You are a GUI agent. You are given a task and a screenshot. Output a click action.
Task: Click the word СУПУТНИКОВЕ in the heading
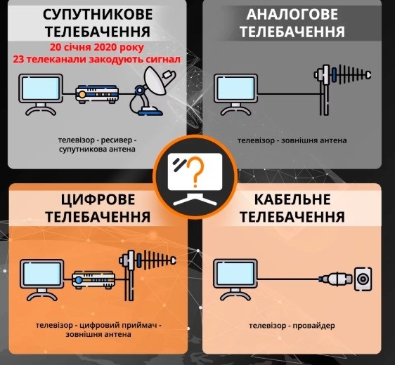(x=98, y=14)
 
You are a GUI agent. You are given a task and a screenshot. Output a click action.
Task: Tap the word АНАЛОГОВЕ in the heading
(x=292, y=14)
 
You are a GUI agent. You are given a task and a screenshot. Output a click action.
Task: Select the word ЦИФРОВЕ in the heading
(x=98, y=200)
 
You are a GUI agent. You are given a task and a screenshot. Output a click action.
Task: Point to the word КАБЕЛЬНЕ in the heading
(x=292, y=200)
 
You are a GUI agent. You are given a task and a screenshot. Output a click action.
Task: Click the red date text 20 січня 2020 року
(x=97, y=47)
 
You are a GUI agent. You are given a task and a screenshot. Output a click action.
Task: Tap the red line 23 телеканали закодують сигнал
(x=97, y=60)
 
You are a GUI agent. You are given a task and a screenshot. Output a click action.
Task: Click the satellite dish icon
(x=151, y=91)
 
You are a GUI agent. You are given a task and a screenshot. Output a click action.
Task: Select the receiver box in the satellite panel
(x=97, y=94)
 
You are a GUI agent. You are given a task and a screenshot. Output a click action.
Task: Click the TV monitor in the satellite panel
(x=41, y=94)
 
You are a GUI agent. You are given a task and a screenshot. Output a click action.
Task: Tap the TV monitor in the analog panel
(x=235, y=94)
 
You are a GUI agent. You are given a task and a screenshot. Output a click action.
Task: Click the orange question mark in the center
(x=195, y=172)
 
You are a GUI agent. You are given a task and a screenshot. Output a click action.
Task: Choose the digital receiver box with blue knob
(x=93, y=279)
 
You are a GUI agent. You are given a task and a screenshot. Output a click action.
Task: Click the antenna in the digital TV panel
(x=148, y=275)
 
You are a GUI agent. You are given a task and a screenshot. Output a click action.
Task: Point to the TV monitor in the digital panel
(x=41, y=280)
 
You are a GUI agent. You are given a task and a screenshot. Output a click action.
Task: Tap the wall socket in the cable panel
(x=363, y=279)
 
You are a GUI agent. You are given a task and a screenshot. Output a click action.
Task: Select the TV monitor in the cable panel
(x=235, y=280)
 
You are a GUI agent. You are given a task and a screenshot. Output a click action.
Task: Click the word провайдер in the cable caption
(x=314, y=326)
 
